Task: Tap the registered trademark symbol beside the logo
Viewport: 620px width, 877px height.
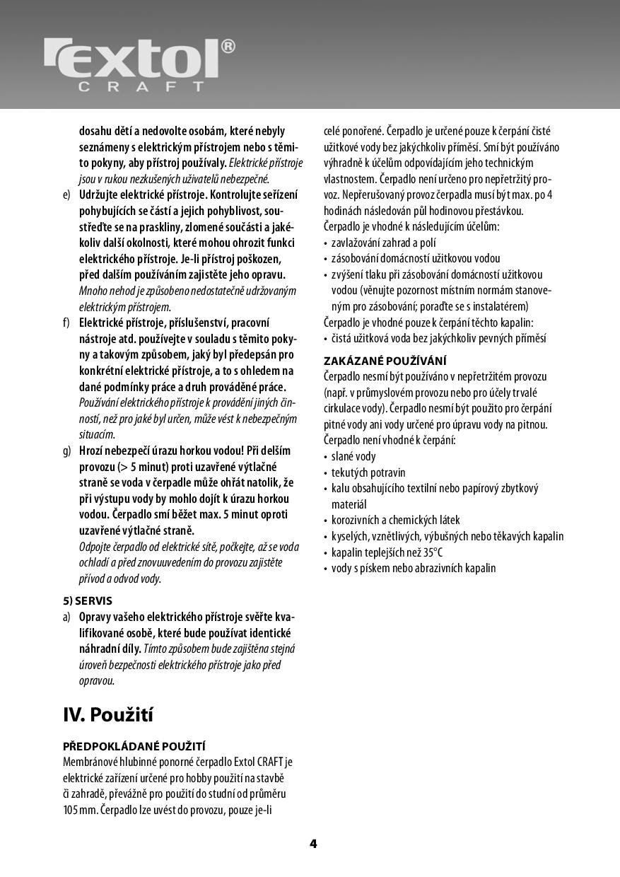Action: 228,47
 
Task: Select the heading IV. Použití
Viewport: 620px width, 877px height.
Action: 108,714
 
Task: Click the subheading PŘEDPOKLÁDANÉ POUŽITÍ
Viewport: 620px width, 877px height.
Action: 134,746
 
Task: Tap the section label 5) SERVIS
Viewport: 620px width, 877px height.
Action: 88,601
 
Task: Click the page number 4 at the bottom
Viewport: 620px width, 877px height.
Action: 312,843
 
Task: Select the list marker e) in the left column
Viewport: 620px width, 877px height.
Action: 67,194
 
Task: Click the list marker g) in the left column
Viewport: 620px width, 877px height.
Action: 67,451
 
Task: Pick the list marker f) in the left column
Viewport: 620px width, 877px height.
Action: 66,323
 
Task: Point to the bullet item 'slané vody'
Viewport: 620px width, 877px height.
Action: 353,456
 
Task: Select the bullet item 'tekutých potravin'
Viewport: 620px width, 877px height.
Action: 368,472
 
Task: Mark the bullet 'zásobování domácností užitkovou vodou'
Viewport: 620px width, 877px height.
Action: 416,259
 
